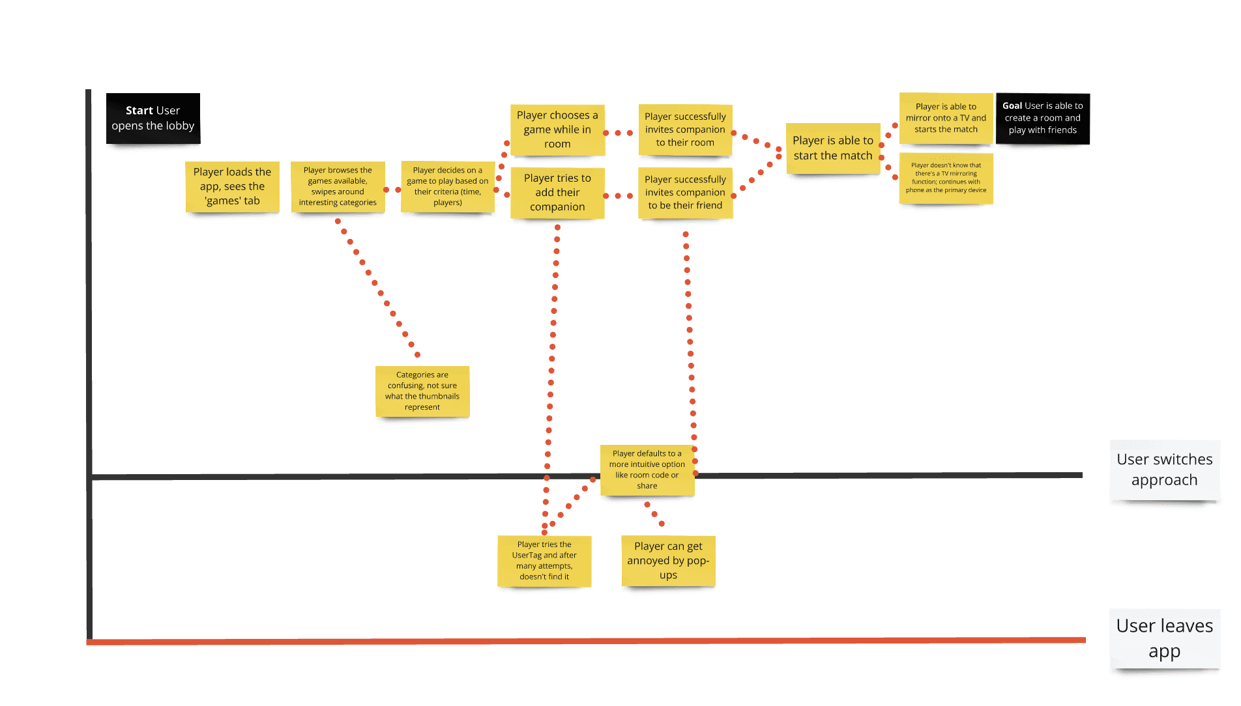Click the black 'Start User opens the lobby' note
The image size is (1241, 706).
click(153, 118)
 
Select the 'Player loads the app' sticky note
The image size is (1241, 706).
click(233, 186)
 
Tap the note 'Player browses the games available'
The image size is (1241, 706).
click(338, 186)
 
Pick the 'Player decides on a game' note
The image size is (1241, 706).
click(448, 186)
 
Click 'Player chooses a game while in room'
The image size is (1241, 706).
click(557, 130)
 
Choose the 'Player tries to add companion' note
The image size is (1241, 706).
click(557, 192)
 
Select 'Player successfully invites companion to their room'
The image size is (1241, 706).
click(685, 130)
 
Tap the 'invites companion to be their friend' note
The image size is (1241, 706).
click(685, 192)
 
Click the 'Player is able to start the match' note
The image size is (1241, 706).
click(833, 148)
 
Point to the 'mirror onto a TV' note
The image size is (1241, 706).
click(946, 118)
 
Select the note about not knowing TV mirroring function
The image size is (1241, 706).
click(946, 178)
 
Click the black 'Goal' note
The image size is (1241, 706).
click(1043, 118)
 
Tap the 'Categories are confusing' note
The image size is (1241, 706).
click(422, 391)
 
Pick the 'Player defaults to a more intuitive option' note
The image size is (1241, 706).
click(647, 470)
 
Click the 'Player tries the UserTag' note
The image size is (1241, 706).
click(544, 561)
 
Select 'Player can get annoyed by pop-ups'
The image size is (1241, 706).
click(668, 561)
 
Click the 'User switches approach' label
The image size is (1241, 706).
click(1165, 470)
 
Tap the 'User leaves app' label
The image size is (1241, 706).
click(1165, 638)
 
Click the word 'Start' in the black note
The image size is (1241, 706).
click(139, 111)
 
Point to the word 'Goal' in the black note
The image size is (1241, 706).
click(1012, 106)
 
